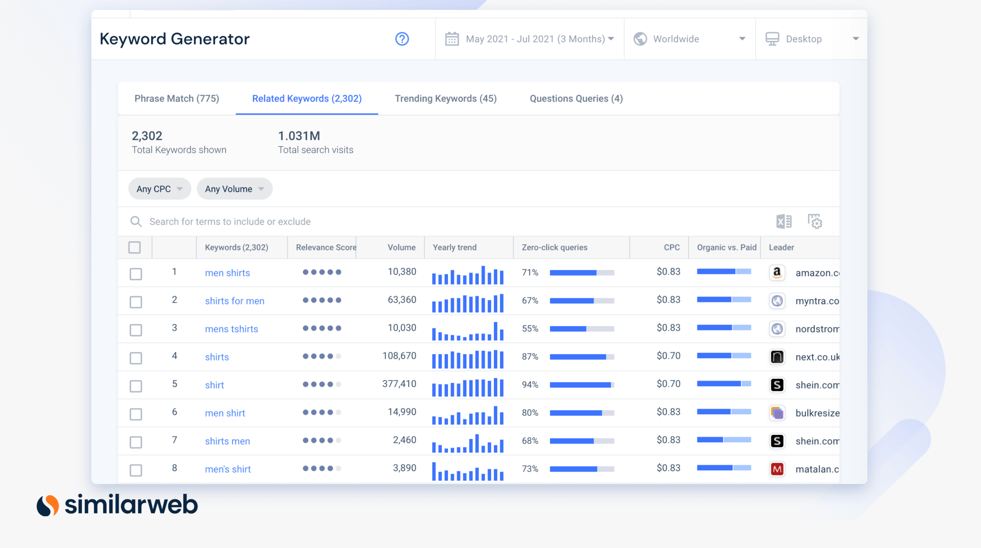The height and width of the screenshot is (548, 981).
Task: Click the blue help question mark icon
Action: point(402,39)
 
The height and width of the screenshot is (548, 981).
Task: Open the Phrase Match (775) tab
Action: point(177,99)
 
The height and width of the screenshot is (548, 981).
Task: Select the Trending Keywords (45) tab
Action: point(446,99)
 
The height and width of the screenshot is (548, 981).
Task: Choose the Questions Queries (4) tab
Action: point(576,99)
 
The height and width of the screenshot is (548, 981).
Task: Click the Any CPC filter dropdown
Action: point(160,189)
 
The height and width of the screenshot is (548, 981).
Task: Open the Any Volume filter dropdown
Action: point(234,189)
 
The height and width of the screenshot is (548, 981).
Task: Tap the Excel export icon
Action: point(784,221)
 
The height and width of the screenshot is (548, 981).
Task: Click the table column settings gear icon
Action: point(815,221)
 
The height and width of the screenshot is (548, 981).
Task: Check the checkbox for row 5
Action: point(136,386)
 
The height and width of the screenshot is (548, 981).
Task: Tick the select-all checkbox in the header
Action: point(135,247)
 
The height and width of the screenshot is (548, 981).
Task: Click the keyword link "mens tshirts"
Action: point(231,329)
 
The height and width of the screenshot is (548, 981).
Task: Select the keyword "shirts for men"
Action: point(234,301)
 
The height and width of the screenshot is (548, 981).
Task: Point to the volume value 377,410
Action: point(399,384)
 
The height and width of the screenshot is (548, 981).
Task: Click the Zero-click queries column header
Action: point(555,247)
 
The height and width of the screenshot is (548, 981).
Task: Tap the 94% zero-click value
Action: point(530,385)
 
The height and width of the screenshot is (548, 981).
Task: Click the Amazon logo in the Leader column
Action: point(777,273)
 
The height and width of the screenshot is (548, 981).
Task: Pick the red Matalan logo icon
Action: point(777,469)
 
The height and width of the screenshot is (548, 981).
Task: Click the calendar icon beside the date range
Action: point(452,39)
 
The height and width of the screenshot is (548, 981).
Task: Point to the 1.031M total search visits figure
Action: point(299,136)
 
